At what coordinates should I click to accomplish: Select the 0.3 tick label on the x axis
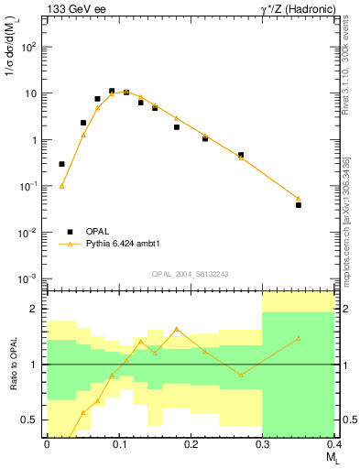click(263, 444)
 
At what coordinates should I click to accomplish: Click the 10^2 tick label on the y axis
click(31, 47)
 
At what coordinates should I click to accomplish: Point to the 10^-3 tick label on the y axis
click(30, 278)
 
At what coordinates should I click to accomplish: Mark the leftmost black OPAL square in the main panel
click(62, 164)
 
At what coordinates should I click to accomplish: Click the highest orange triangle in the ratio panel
click(177, 329)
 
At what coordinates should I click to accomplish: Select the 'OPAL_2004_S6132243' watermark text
click(191, 273)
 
